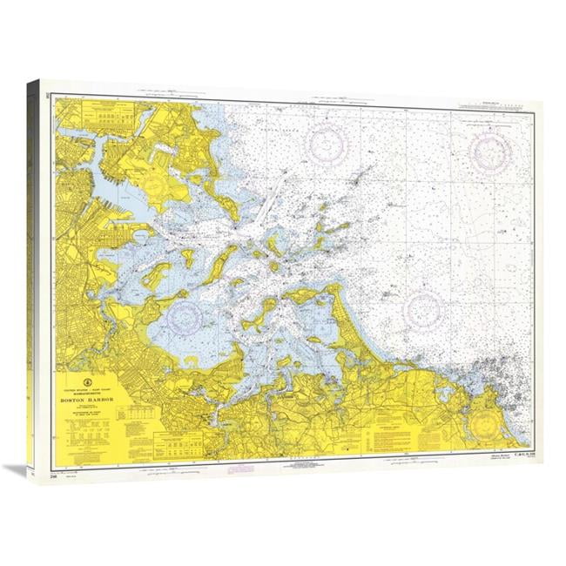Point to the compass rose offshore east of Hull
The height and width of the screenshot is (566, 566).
tap(423, 309)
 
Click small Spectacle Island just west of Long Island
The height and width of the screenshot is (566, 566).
tap(186, 259)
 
